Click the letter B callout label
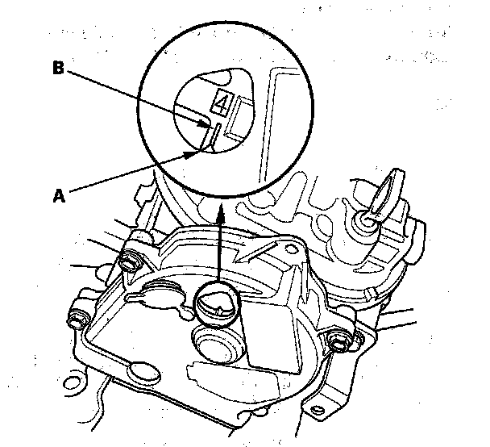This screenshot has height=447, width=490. coord(58,68)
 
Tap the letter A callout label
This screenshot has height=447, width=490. coord(59,196)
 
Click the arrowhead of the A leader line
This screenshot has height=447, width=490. coord(191,154)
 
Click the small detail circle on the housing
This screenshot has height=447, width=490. coord(217,303)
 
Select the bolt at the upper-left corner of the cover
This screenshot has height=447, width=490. coord(129,261)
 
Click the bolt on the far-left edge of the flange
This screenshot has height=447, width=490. coord(77,319)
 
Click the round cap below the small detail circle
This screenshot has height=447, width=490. coord(215,343)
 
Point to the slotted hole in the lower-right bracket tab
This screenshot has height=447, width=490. coord(318,409)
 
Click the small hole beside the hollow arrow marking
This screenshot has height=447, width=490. coord(291,249)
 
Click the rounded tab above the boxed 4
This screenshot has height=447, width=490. coord(216,76)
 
